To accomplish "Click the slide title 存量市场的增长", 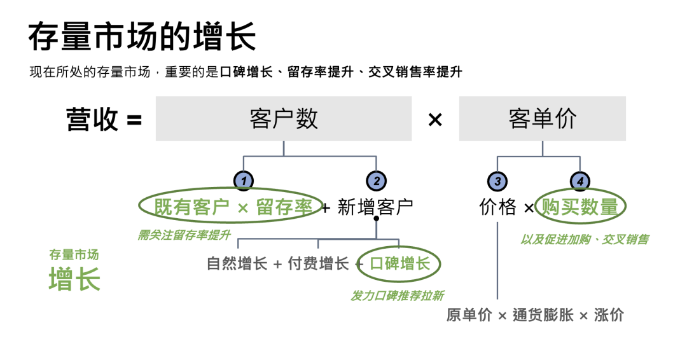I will coord(142,37).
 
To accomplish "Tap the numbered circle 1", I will coord(244,181).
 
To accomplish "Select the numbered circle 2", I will coord(377,181).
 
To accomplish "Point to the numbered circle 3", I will coord(497,181).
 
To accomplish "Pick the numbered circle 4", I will coord(580,181).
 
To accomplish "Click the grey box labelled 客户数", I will coord(284,119).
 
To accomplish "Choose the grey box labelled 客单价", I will coord(542,119).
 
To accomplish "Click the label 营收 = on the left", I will coord(104,120).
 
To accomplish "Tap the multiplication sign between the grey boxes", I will coord(435,120).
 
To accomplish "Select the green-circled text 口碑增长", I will coord(399,263).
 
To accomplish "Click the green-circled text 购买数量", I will coord(580,207).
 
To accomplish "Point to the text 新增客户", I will coord(375,207).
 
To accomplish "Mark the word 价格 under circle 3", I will coord(497,207).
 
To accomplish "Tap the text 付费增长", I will coord(318,263).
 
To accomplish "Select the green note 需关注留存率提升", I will coord(184,235).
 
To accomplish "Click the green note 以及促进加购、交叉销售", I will coord(584,239).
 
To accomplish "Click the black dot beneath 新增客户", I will coord(377,218).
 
